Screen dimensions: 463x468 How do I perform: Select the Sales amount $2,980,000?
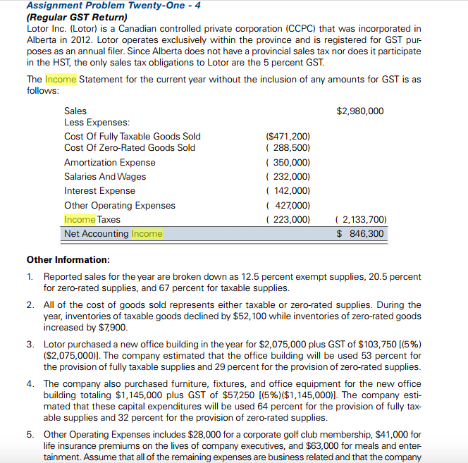[x=360, y=111]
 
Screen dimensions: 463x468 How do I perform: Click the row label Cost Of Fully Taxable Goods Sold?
[x=132, y=136]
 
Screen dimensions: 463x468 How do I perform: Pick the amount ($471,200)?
[x=288, y=136]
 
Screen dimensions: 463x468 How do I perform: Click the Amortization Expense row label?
[x=109, y=162]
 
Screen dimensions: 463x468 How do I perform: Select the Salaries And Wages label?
[x=105, y=176]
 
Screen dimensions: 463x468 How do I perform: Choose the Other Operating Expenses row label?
[x=120, y=205]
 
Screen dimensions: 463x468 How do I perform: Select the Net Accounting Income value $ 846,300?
[x=360, y=233]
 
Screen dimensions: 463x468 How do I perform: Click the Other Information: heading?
[x=68, y=259]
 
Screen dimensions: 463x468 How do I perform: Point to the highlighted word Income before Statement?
[x=61, y=79]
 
